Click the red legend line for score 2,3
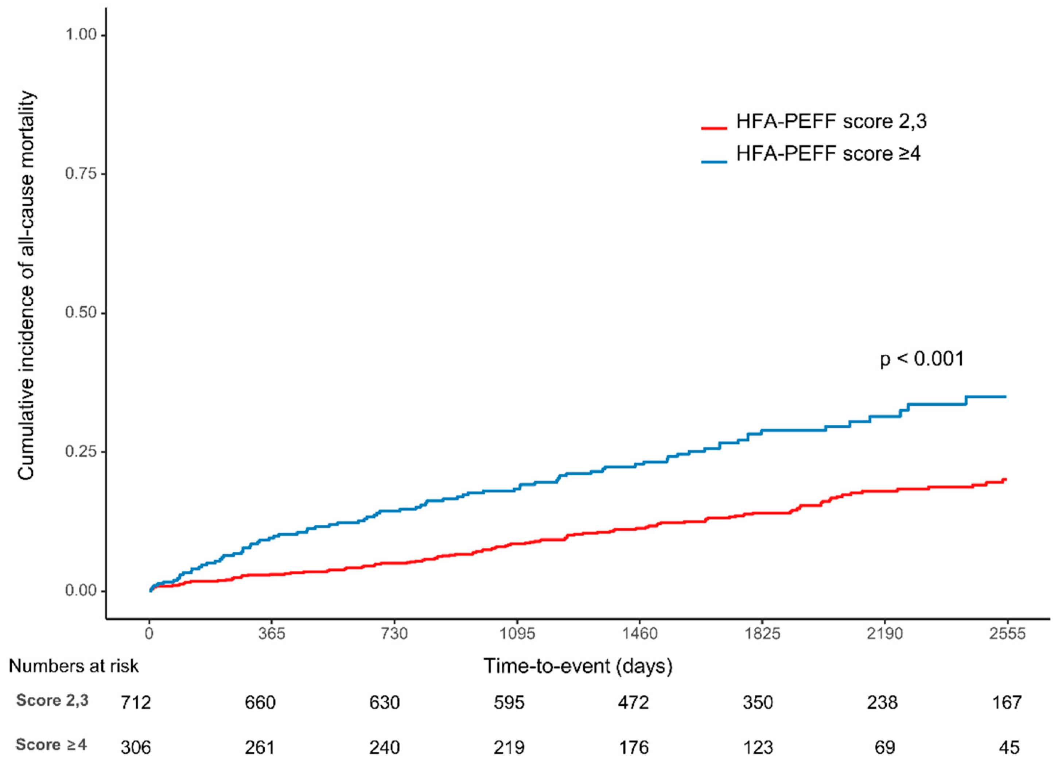pyautogui.click(x=714, y=127)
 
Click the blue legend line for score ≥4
pyautogui.click(x=714, y=162)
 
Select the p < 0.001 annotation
pyautogui.click(x=921, y=359)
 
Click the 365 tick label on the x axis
pyautogui.click(x=273, y=634)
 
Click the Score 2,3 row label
pyautogui.click(x=52, y=701)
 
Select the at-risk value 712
pyautogui.click(x=136, y=702)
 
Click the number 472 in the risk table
pyautogui.click(x=633, y=702)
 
